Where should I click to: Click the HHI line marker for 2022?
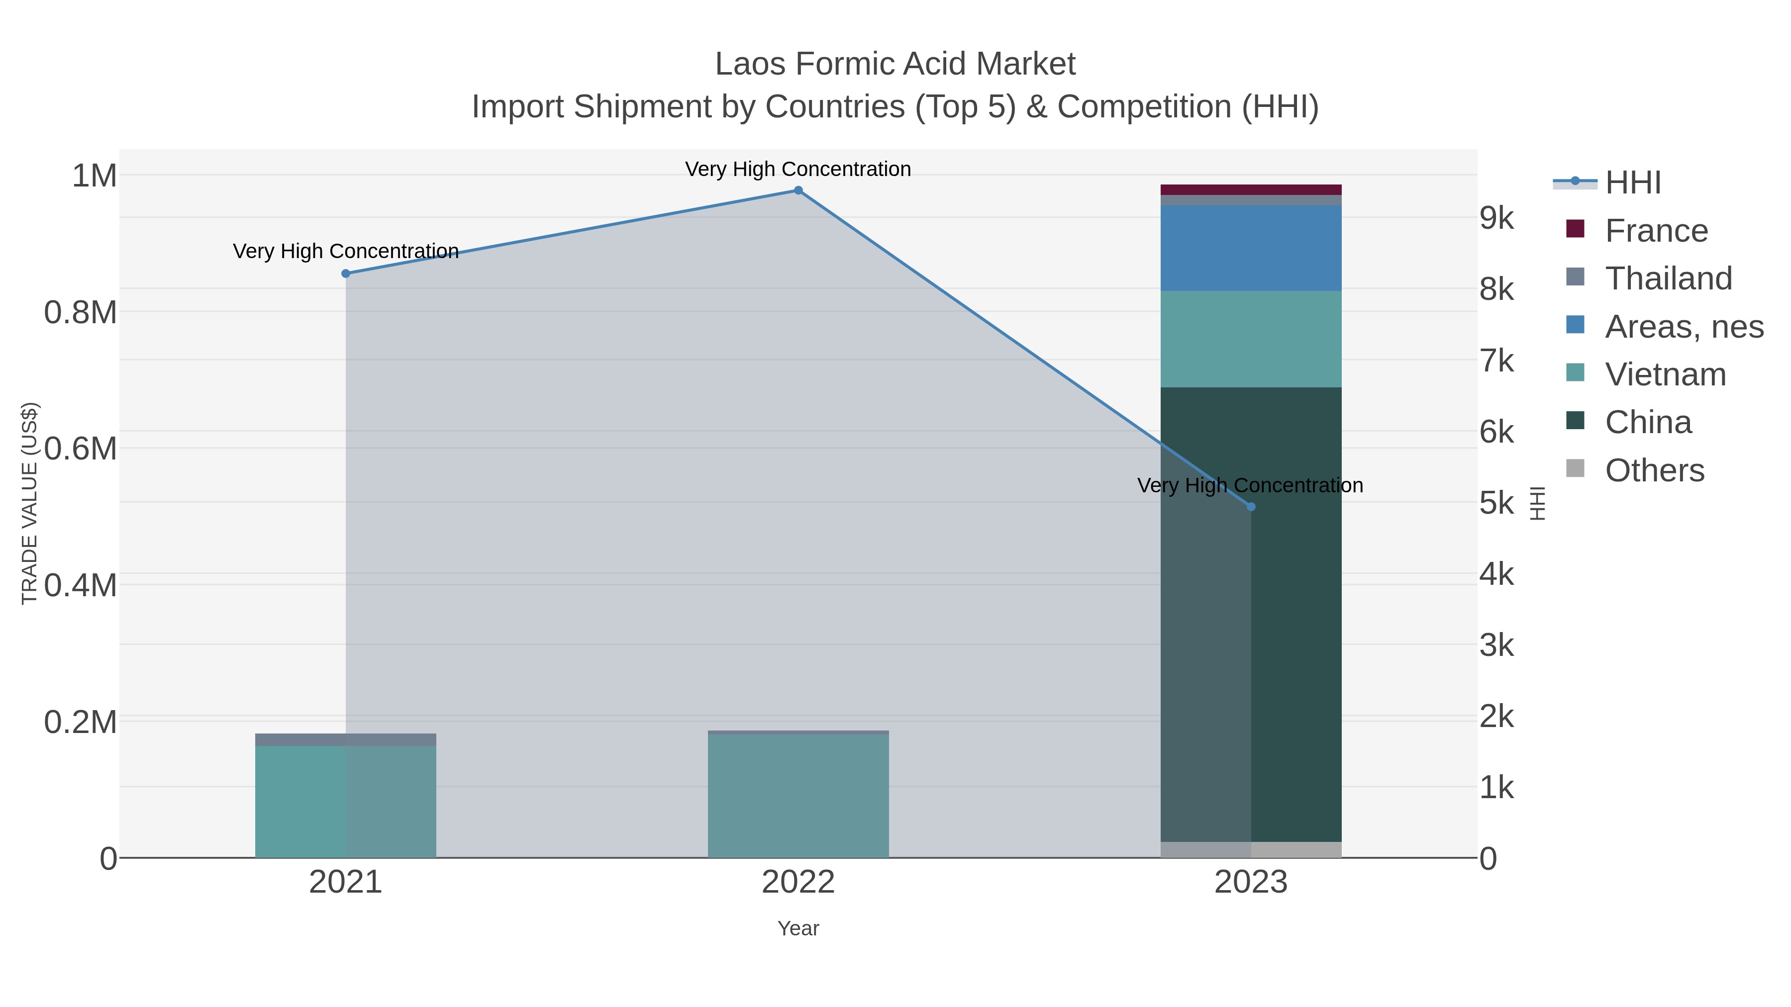(798, 190)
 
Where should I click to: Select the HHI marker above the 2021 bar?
(346, 274)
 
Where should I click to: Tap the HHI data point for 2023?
(1251, 507)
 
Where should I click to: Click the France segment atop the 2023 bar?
(1251, 190)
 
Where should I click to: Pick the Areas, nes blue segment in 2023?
(1251, 248)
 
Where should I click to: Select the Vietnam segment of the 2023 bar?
(1251, 339)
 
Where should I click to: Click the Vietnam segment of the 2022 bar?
(798, 796)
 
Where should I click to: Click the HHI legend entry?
(1632, 183)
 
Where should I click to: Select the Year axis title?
(798, 928)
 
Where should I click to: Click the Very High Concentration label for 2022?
(798, 169)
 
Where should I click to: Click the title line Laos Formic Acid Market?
(895, 64)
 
